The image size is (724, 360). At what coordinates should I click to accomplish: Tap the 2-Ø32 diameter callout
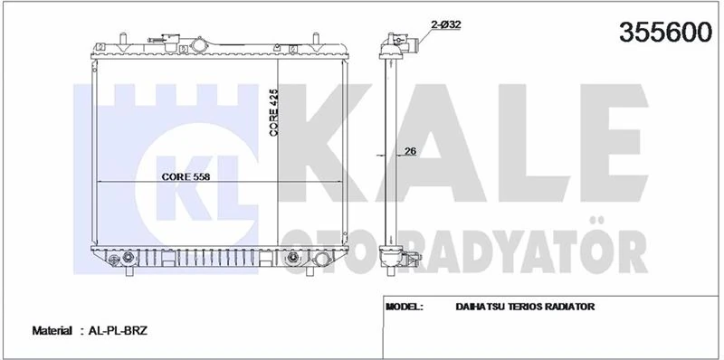tap(446, 25)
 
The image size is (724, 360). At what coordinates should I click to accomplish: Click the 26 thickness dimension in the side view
tap(409, 152)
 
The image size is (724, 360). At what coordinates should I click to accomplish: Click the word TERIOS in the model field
tap(527, 307)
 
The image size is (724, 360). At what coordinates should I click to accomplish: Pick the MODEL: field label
tap(405, 307)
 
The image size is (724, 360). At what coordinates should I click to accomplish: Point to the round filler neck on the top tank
tap(198, 44)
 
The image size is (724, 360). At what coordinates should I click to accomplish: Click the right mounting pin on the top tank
tap(316, 39)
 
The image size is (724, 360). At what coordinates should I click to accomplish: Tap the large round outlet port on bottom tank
tap(293, 261)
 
